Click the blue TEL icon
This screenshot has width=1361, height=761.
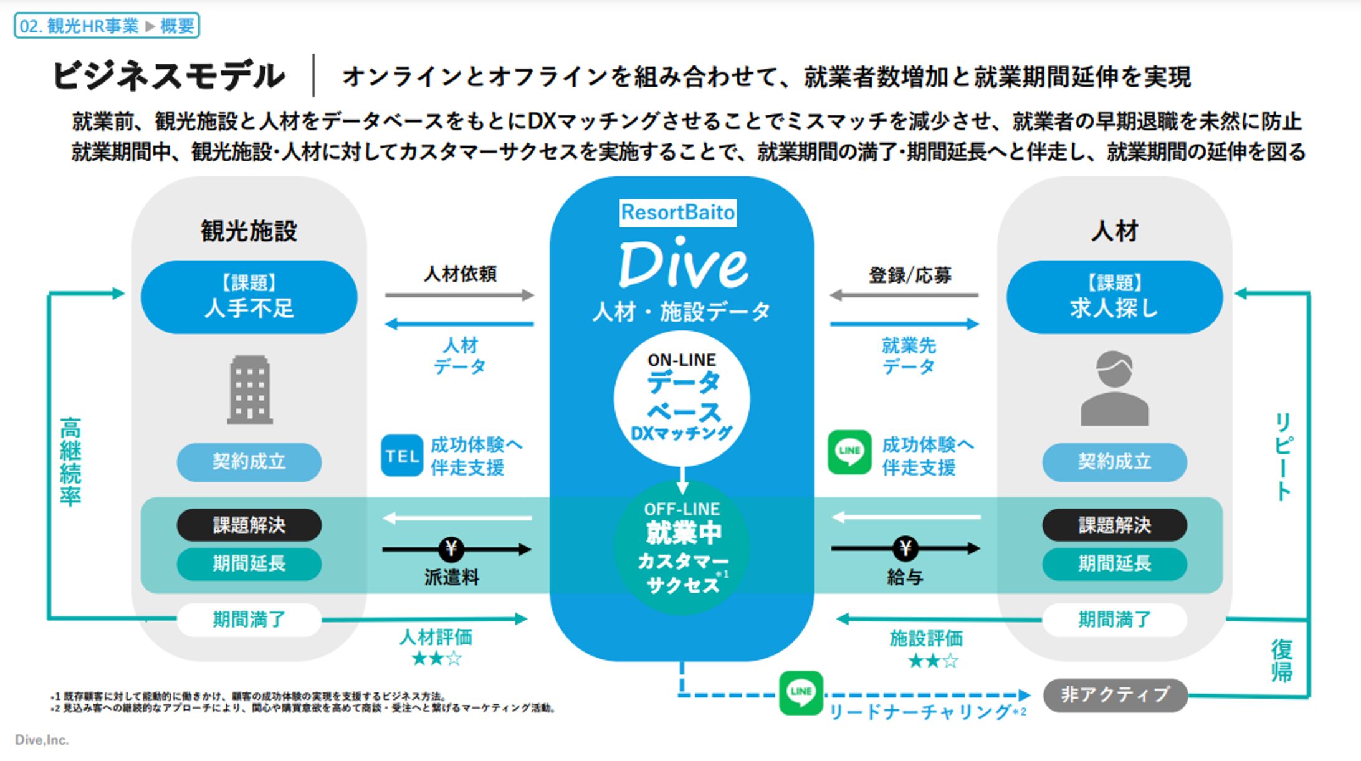coord(402,456)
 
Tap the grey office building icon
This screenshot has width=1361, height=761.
coord(249,390)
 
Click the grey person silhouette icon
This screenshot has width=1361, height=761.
coord(1114,389)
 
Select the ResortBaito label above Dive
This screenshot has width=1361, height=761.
coord(678,213)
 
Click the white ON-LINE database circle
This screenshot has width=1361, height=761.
coord(682,398)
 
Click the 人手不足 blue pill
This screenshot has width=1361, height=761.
coord(249,297)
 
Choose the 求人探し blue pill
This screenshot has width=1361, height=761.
coord(1114,297)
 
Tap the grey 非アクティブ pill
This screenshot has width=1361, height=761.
coord(1115,695)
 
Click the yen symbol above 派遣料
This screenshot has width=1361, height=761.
coord(451,549)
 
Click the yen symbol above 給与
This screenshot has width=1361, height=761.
coord(905,548)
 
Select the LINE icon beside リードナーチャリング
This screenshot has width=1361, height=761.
coord(801,692)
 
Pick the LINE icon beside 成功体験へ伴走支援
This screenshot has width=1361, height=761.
coord(849,452)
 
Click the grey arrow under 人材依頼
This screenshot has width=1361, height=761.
coord(459,295)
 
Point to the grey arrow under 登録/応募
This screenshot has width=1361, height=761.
coord(904,295)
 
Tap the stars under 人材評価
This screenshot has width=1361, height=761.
coord(436,658)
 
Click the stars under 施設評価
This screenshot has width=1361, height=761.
coord(933,661)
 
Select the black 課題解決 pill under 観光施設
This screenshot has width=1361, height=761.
coord(249,525)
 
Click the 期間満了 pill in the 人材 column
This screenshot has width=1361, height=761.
coord(1114,620)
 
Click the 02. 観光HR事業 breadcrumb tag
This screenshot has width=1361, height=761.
coord(107,26)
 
